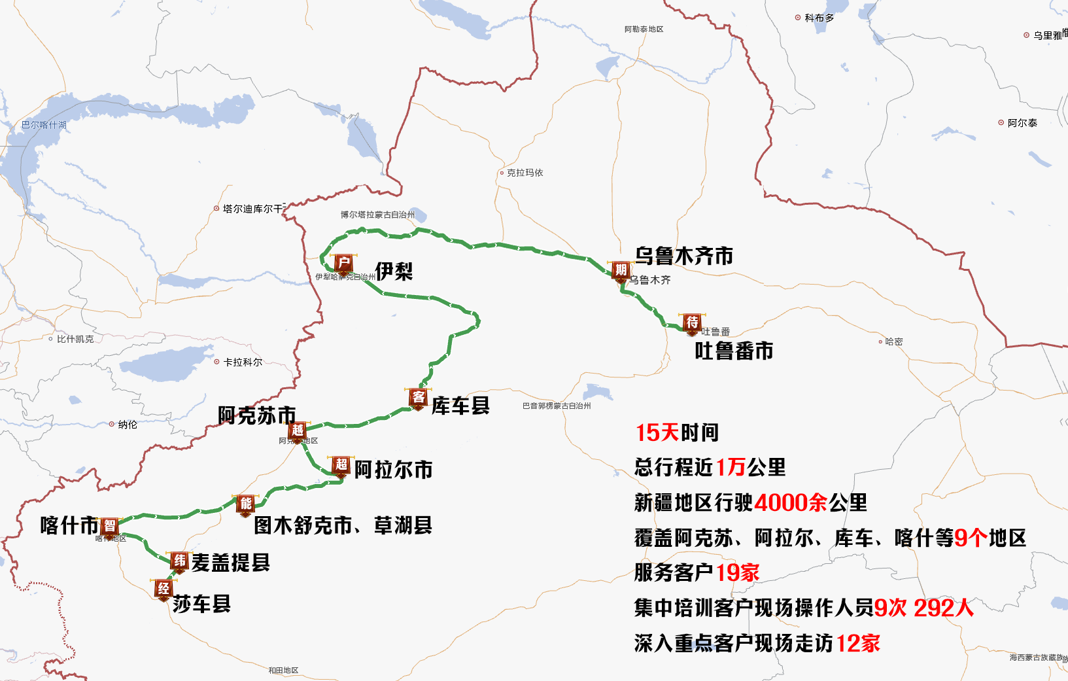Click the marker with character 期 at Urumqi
[621, 270]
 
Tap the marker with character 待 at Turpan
[692, 323]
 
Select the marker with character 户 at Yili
[344, 263]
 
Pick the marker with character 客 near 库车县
[418, 397]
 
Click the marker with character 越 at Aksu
[298, 430]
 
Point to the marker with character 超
[341, 464]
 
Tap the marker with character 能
[246, 503]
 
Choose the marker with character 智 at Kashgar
[110, 526]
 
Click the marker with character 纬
[179, 561]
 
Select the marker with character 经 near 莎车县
[164, 588]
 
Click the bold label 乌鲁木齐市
[683, 256]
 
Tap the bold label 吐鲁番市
[734, 351]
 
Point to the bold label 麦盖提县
[230, 562]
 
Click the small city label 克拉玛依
[525, 173]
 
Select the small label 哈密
[894, 341]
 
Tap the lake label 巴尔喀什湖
[44, 125]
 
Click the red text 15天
[657, 432]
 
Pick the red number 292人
[943, 608]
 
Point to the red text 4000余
[790, 502]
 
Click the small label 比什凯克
[75, 339]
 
